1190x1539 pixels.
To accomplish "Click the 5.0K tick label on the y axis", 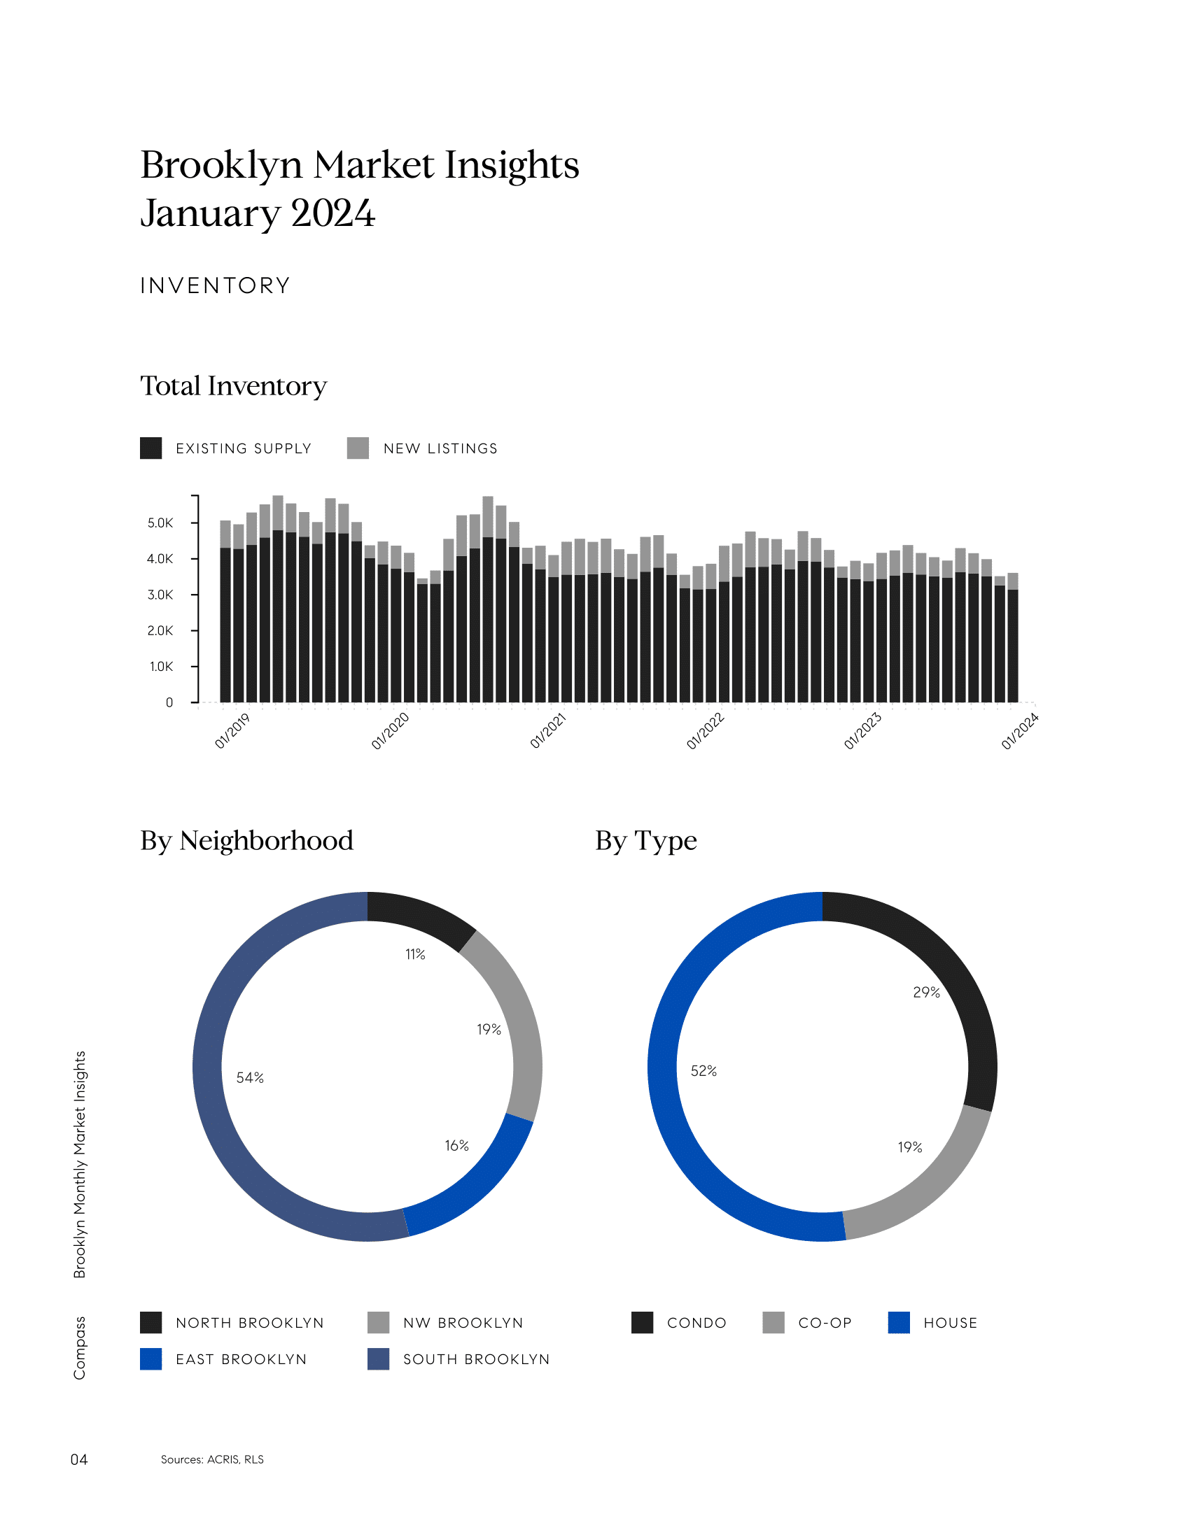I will coord(160,523).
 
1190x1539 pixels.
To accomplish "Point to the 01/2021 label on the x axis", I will coord(549,731).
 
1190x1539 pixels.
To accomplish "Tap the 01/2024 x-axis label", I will coord(1019,731).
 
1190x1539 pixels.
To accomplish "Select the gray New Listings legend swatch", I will coord(358,448).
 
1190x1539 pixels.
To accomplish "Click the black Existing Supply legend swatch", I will coord(151,448).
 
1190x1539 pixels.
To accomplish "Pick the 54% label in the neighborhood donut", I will coord(251,1077).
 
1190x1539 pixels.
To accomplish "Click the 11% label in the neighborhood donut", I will coord(415,954).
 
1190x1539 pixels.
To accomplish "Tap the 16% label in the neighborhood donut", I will coord(457,1146).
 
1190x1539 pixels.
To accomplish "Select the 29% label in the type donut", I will coord(926,992).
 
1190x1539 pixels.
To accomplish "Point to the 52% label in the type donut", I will coord(703,1071).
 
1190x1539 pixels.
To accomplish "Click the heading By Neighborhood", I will coord(246,841).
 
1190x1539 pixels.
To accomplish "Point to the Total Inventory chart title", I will coord(233,386).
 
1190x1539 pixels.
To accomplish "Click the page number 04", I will coord(79,1459).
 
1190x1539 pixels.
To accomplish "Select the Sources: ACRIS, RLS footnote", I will coord(212,1459).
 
